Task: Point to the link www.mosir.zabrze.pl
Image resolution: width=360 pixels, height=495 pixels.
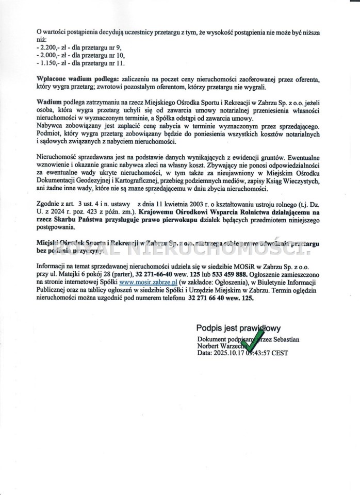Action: point(148,283)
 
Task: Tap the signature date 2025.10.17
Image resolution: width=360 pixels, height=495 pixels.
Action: point(231,353)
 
